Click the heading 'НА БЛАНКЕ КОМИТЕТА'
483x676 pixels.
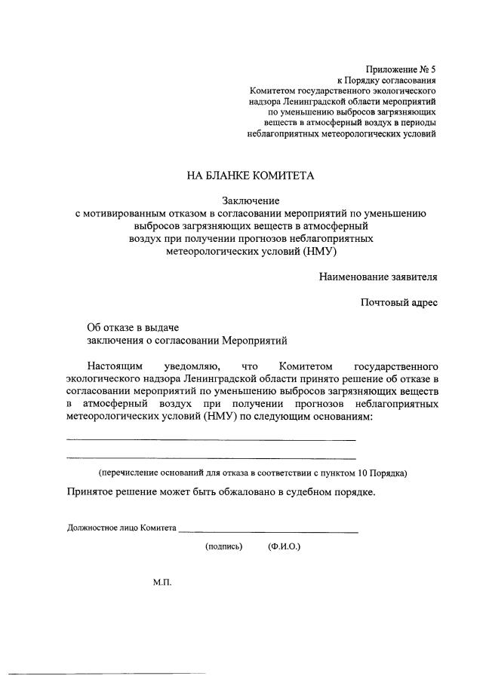click(250, 176)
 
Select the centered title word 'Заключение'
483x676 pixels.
click(251, 200)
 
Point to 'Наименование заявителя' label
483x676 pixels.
click(377, 277)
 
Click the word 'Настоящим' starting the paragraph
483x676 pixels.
click(113, 366)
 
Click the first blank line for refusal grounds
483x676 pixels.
click(211, 439)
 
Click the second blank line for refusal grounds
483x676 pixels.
click(211, 457)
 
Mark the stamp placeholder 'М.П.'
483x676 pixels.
click(162, 583)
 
